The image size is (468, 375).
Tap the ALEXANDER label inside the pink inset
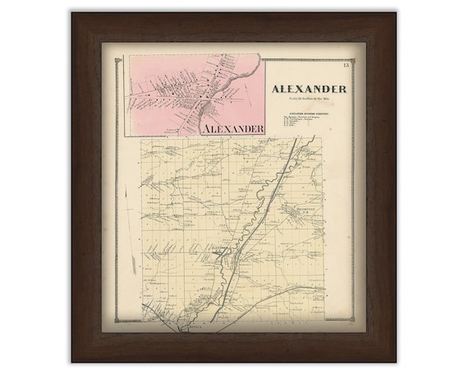click(231, 128)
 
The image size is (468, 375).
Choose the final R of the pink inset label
click(260, 128)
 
